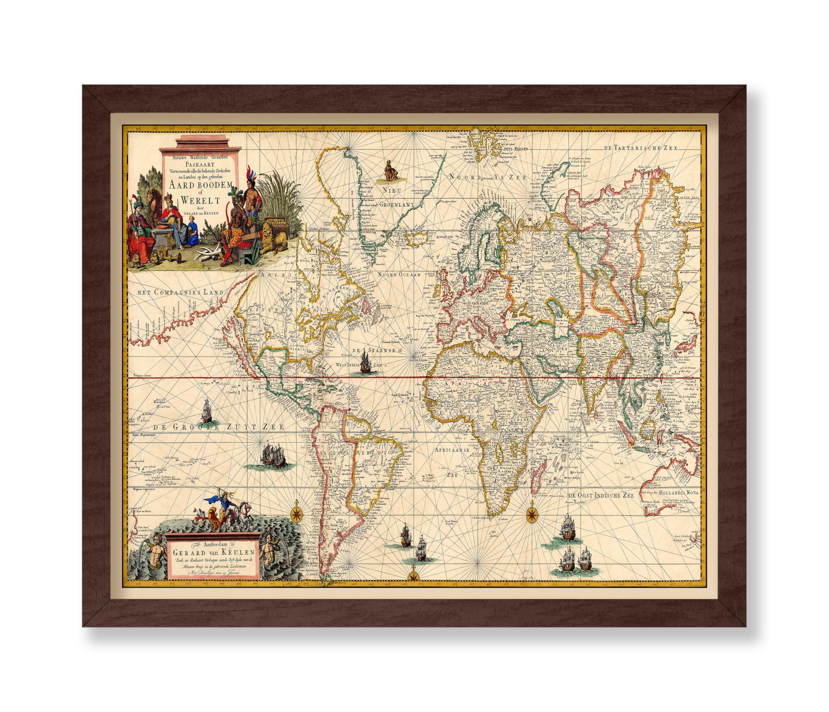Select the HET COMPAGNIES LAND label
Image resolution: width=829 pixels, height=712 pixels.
coord(180,292)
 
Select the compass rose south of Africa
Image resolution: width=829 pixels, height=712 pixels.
coord(532,513)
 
